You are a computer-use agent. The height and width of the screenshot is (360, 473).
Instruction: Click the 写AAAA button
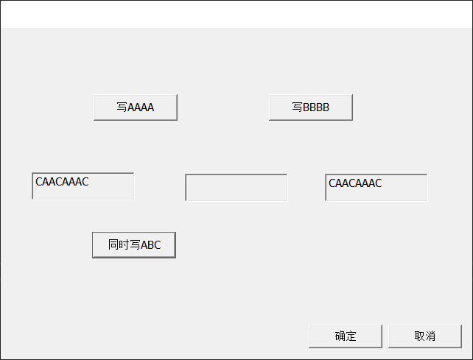coord(135,107)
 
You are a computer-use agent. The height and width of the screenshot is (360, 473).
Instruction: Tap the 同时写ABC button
coord(133,245)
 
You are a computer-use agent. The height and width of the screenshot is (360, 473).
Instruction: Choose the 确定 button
coord(345,336)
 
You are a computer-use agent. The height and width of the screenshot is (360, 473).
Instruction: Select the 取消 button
coord(424,336)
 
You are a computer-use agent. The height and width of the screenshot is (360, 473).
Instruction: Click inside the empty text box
coord(236,188)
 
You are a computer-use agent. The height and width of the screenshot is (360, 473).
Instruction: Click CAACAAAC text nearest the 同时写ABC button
coord(62,182)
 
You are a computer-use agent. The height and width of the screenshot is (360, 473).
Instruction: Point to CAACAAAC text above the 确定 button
coord(355,183)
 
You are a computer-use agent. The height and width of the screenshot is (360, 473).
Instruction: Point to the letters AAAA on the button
coord(141,107)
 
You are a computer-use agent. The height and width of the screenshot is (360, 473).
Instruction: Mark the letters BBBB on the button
coord(316,107)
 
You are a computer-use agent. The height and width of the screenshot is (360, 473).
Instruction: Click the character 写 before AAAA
coord(122,107)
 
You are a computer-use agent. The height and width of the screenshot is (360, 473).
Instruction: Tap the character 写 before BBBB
coord(297,107)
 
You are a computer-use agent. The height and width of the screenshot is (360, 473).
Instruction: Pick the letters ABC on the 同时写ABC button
coord(150,245)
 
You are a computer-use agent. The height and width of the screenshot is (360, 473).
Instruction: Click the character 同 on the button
coord(113,245)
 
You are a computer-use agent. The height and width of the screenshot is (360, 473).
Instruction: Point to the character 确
coord(340,336)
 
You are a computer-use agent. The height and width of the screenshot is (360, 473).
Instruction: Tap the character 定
coord(351,336)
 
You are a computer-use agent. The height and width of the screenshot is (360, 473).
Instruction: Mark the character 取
coord(419,336)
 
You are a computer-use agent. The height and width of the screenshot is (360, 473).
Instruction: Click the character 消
coord(430,336)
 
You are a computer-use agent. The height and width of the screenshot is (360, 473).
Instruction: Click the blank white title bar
coord(236,14)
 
